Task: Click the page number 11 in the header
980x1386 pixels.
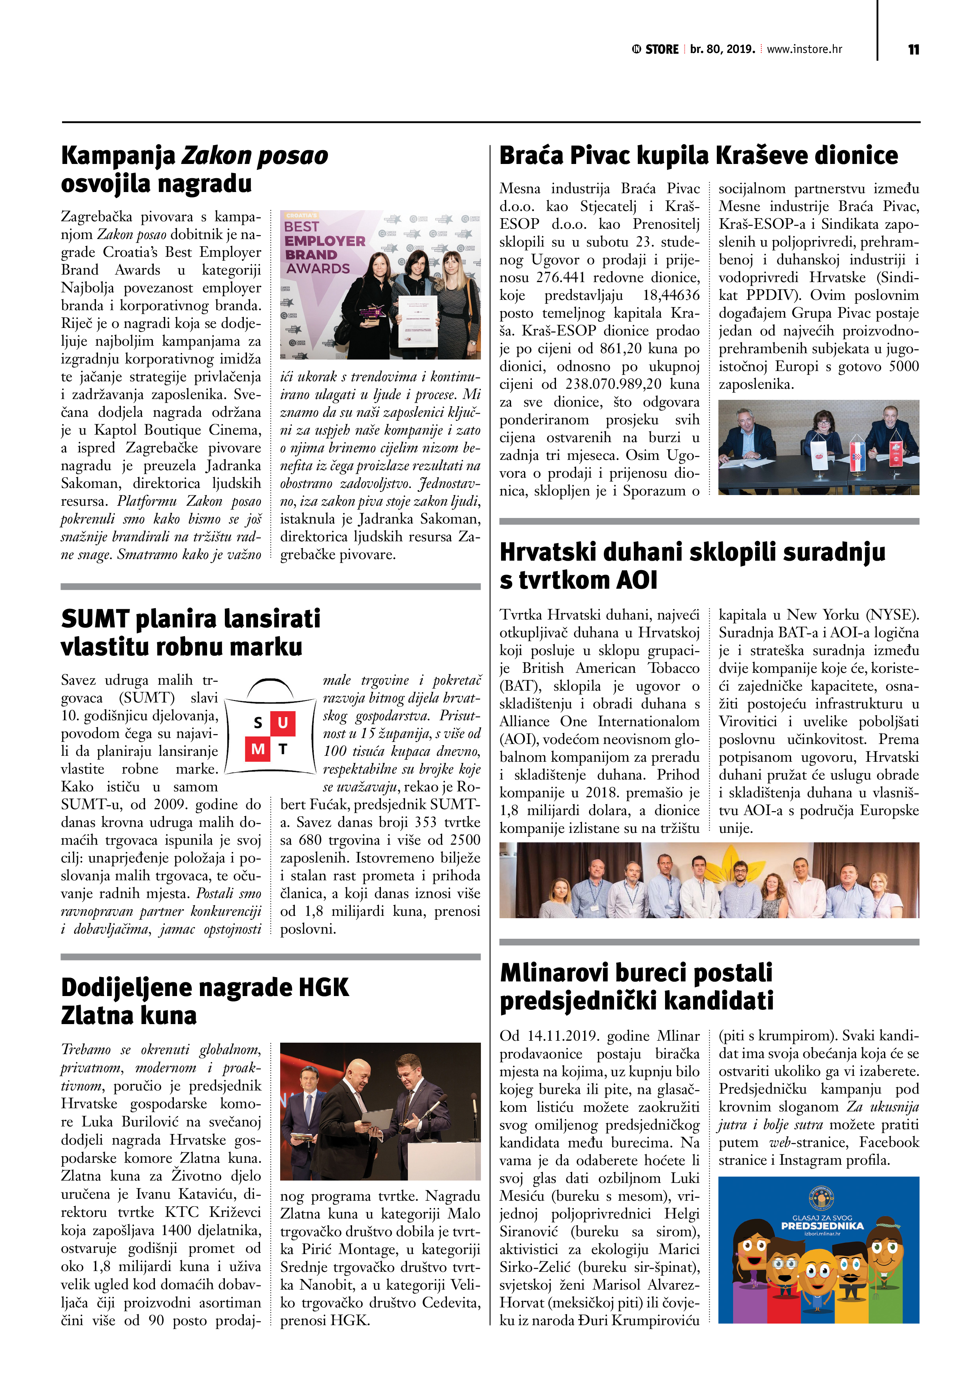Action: pos(913,49)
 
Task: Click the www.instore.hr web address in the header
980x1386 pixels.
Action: pos(804,49)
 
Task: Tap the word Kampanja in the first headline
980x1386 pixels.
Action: pos(118,156)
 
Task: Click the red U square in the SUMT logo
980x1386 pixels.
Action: pos(283,723)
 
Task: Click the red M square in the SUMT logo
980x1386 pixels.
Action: pos(258,749)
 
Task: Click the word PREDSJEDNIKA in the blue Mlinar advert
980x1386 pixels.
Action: pos(822,1226)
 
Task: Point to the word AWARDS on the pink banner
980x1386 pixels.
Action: pos(318,269)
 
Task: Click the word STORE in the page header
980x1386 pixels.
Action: pos(662,49)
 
